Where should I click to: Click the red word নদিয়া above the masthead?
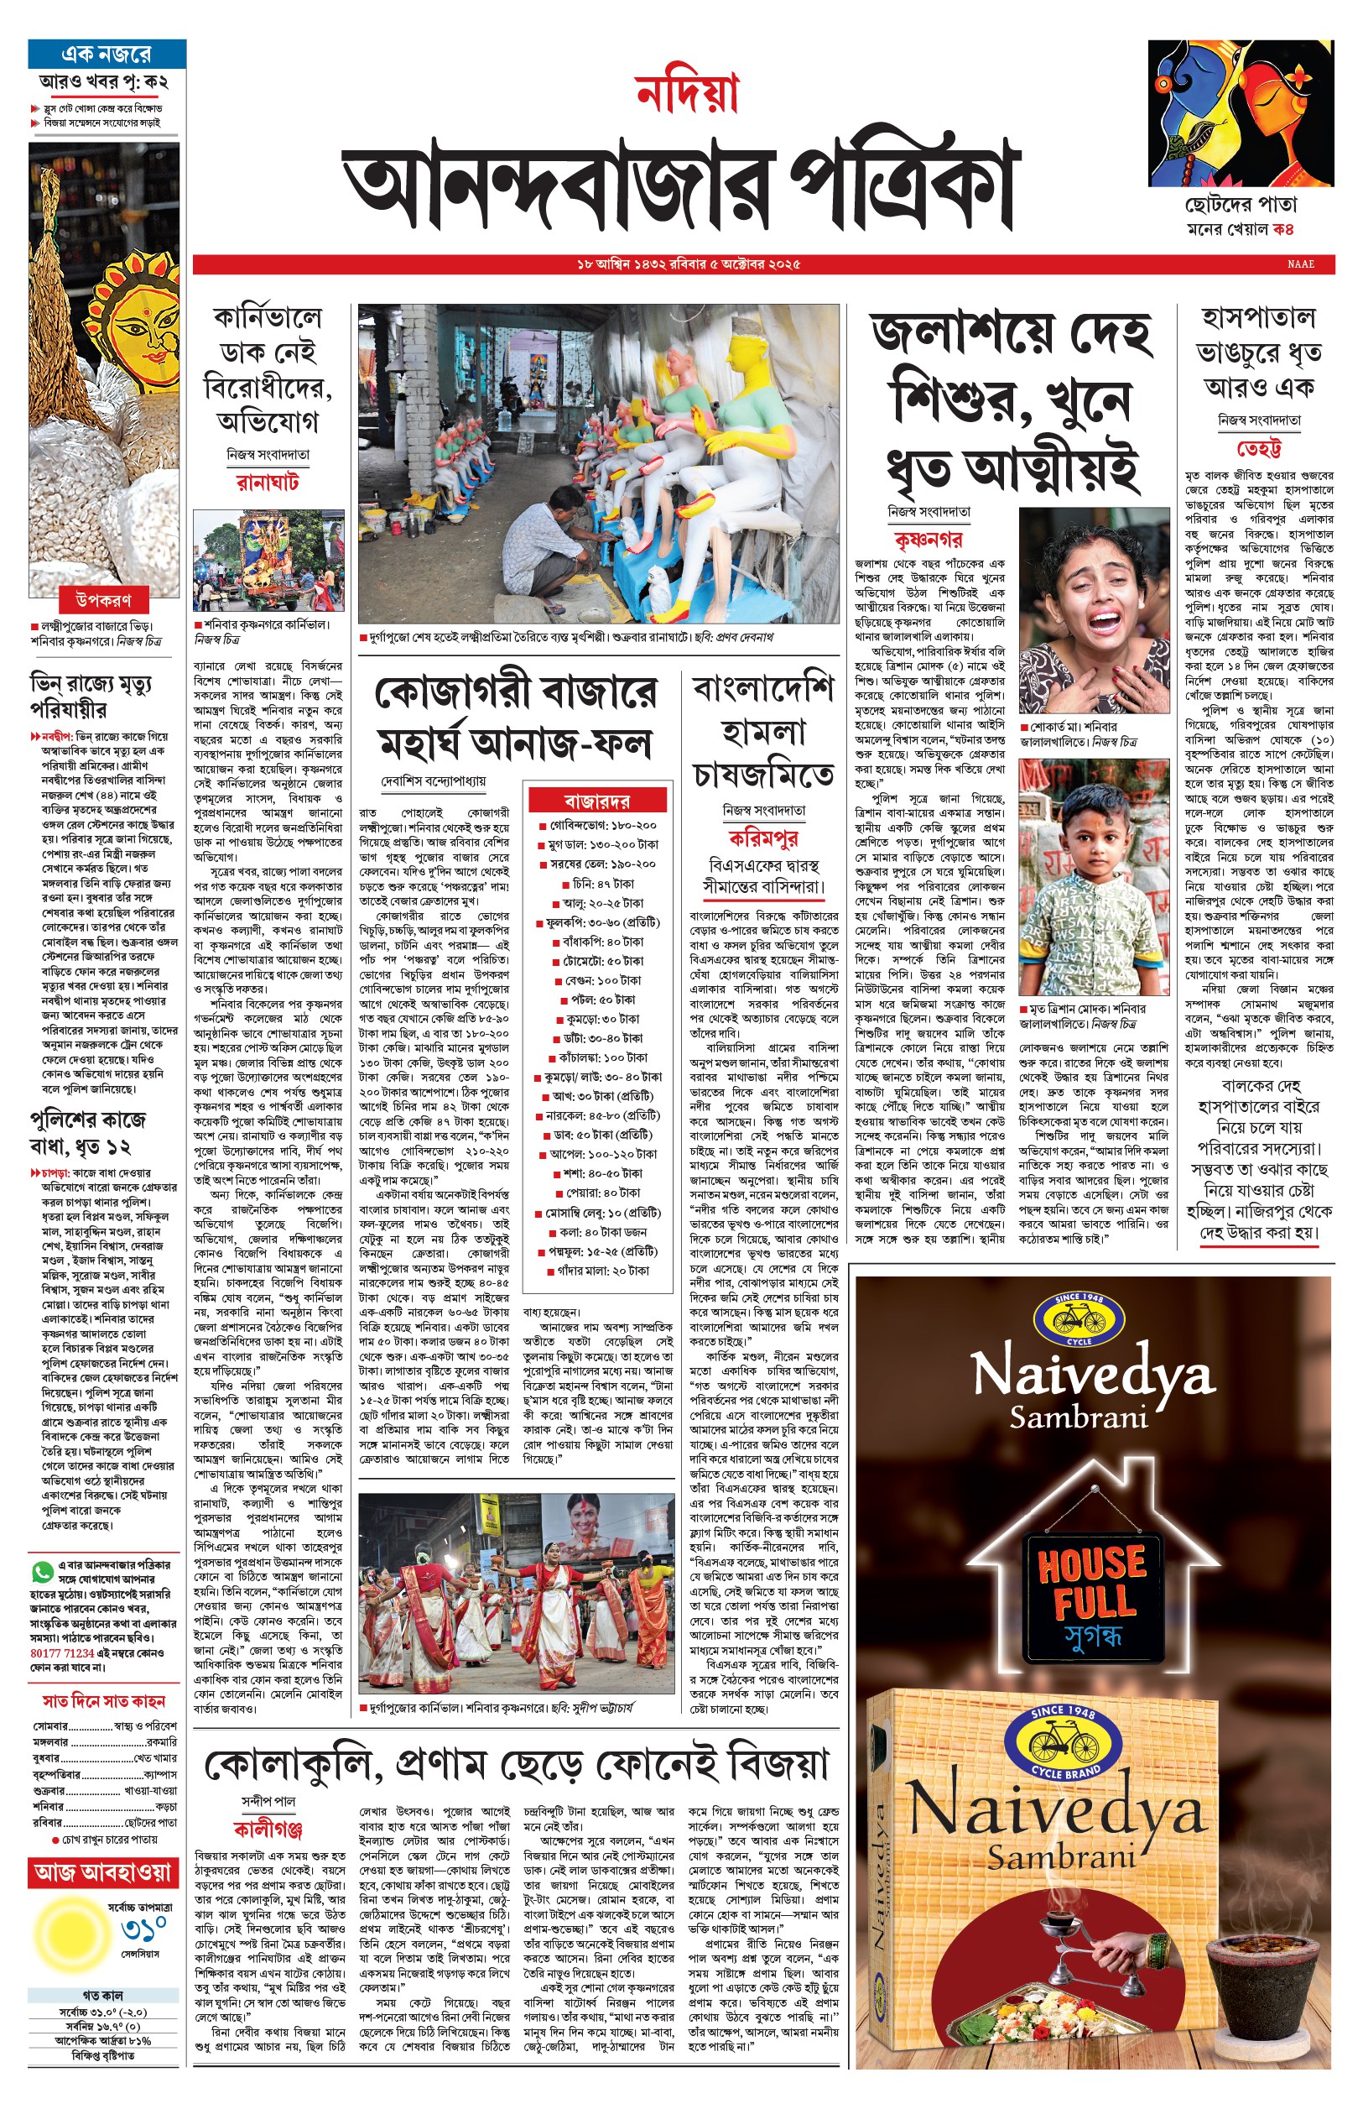[687, 94]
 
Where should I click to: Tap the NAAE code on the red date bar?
[1300, 264]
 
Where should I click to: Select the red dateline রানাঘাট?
[268, 483]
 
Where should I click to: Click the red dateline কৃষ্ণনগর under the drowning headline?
[929, 539]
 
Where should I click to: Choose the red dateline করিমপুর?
[762, 838]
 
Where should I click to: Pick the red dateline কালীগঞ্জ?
[268, 1830]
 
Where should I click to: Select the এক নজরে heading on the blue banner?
[107, 54]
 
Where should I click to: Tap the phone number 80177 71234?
[62, 1652]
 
